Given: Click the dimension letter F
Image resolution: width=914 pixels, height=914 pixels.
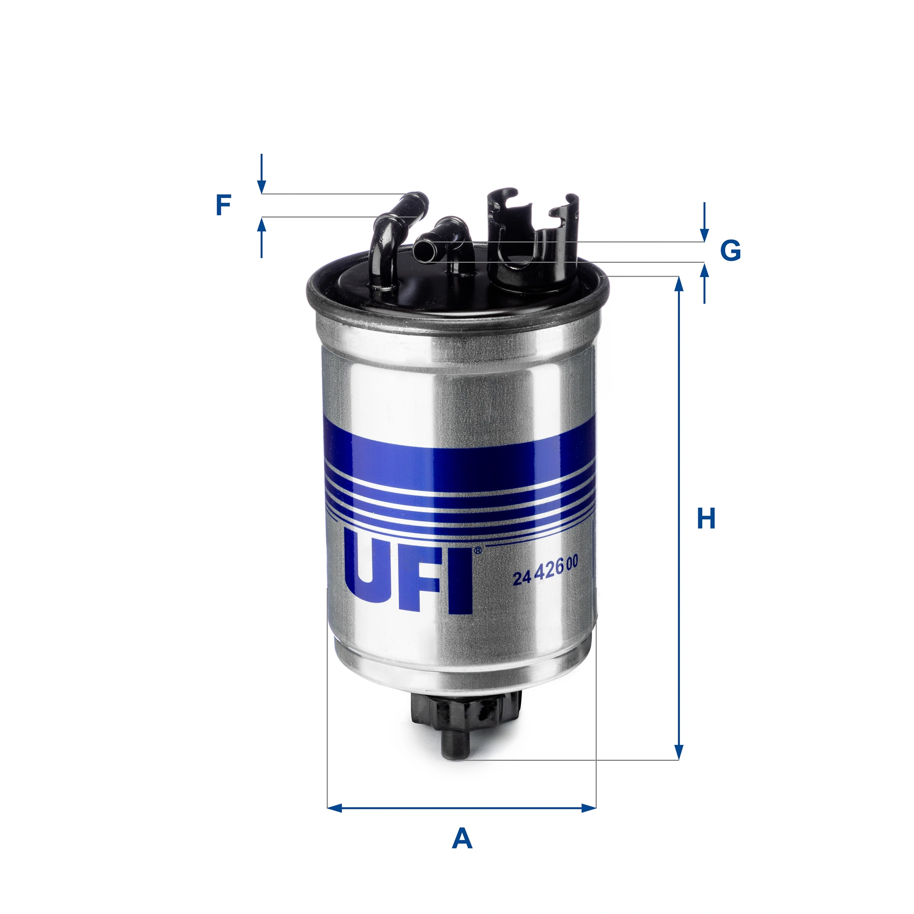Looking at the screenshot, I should pyautogui.click(x=223, y=205).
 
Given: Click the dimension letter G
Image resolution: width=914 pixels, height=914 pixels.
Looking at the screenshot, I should pyautogui.click(x=730, y=250).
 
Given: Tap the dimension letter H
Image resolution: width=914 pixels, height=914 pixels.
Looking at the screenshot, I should pyautogui.click(x=706, y=519).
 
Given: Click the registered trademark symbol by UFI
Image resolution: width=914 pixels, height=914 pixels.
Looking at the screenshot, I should pyautogui.click(x=477, y=550).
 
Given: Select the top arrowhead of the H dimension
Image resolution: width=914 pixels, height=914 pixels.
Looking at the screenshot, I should pyautogui.click(x=679, y=284).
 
